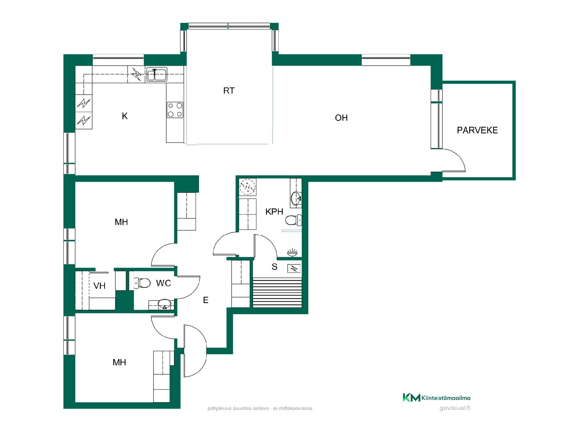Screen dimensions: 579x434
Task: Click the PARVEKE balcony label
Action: [x=477, y=130]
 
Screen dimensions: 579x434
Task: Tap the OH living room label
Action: [x=341, y=118]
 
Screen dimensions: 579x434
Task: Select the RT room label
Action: [x=229, y=91]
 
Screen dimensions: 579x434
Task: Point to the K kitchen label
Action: [x=125, y=116]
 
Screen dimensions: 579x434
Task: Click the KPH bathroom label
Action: [x=274, y=212]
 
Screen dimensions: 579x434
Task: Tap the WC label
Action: [x=163, y=283]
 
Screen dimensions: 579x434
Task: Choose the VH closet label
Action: [x=100, y=286]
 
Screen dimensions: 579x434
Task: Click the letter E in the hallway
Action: [x=206, y=300]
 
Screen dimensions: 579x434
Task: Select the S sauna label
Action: [x=274, y=267]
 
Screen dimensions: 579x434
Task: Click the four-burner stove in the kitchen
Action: [x=175, y=110]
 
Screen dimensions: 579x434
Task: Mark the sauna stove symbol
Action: [x=294, y=268]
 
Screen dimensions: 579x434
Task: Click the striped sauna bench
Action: [x=277, y=292]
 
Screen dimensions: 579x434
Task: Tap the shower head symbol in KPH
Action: [x=292, y=253]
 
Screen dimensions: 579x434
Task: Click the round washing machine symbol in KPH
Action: [x=248, y=187]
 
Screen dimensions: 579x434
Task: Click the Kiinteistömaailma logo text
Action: [x=446, y=398]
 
